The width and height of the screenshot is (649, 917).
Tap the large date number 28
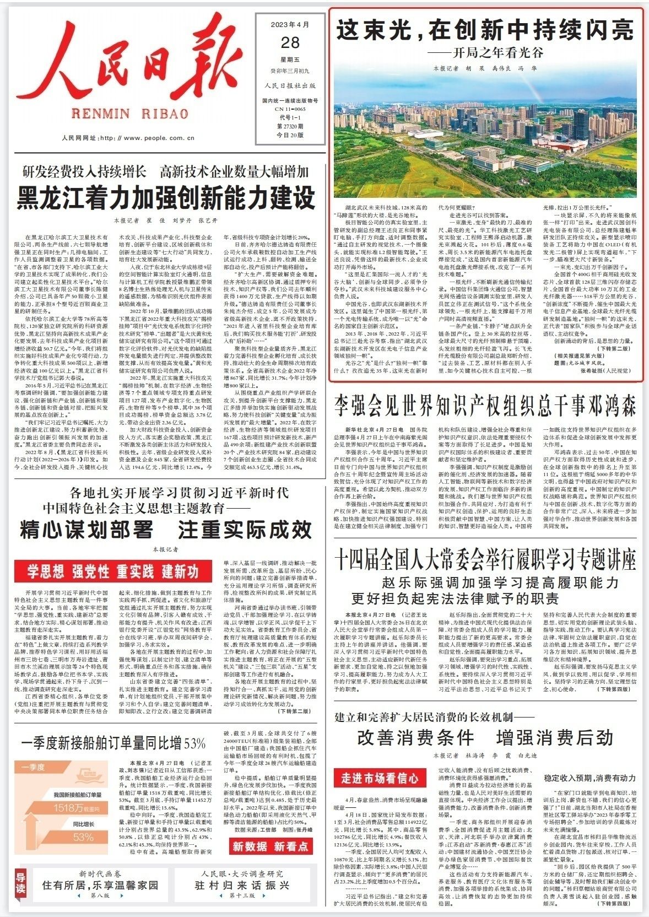click(289, 42)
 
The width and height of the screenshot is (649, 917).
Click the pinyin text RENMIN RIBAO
click(130, 114)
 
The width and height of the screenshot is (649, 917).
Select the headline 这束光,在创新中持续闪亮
click(485, 30)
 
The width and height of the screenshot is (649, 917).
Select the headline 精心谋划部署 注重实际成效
click(165, 530)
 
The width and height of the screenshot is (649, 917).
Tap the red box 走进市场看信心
click(380, 778)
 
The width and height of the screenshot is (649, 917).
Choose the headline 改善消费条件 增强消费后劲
click(485, 737)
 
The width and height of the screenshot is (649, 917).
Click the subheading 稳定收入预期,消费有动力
click(589, 778)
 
